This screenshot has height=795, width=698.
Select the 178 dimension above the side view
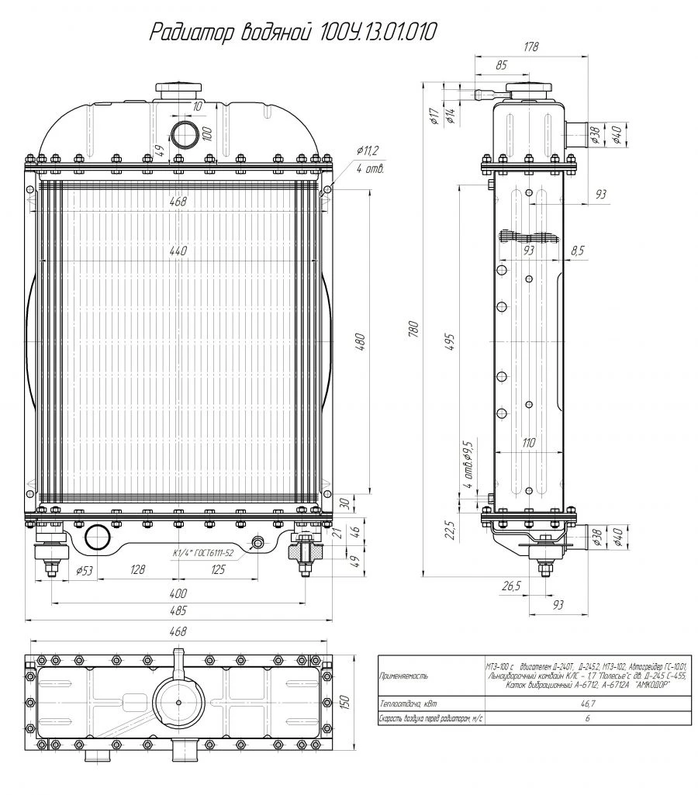(530, 48)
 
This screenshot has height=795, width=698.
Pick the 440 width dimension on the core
(179, 251)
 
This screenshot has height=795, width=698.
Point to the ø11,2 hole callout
(367, 150)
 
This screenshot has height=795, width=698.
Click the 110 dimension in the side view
(529, 443)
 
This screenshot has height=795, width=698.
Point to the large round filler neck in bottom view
(178, 703)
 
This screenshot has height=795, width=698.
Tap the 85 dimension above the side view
(501, 65)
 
